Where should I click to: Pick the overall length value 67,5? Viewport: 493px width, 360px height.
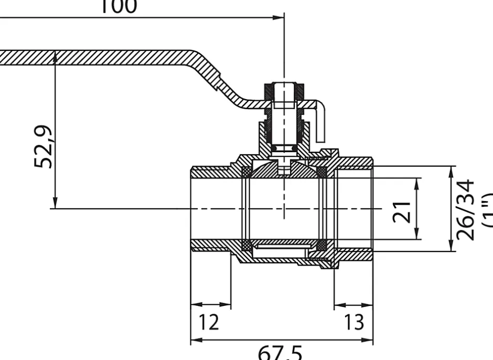pyautogui.click(x=280, y=352)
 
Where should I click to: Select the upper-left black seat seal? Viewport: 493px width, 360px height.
pyautogui.click(x=245, y=172)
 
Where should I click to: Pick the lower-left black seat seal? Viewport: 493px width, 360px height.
pyautogui.click(x=245, y=245)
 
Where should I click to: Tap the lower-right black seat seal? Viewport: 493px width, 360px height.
pyautogui.click(x=323, y=245)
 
